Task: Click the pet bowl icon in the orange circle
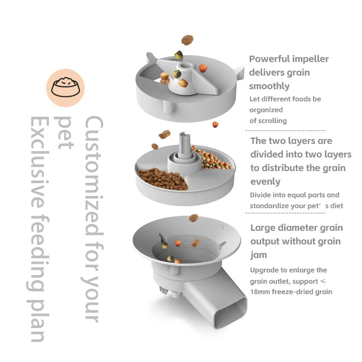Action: click(x=66, y=87)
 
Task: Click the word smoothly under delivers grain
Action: click(x=269, y=86)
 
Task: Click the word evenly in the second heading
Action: click(x=265, y=181)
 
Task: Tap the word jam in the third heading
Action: click(x=258, y=255)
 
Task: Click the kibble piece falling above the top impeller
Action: click(x=187, y=40)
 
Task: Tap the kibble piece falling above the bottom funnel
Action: click(x=194, y=218)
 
